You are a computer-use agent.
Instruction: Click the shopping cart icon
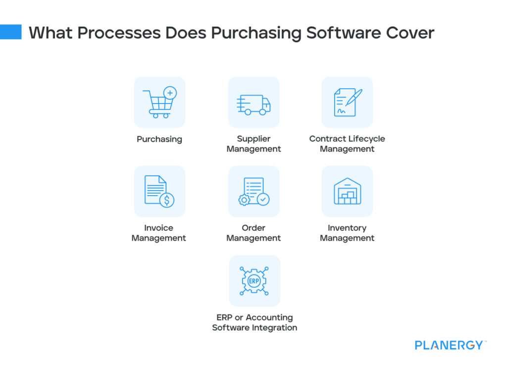(158, 103)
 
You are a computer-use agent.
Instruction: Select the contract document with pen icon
(347, 102)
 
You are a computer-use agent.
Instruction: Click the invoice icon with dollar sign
(159, 191)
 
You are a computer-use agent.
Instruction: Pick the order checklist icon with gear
(253, 191)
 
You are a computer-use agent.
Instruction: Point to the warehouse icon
(347, 191)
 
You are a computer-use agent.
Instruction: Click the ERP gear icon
(254, 281)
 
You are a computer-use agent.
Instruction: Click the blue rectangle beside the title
(10, 32)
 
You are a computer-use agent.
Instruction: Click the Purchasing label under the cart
(159, 139)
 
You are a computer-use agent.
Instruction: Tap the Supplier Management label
(253, 144)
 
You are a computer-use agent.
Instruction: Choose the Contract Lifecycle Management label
(347, 144)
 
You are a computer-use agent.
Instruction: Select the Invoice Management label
(159, 233)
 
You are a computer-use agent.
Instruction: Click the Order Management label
(253, 233)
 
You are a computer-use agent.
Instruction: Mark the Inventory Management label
(347, 233)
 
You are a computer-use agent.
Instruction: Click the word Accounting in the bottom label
(269, 318)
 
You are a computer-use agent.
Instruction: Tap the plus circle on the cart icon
(170, 93)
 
